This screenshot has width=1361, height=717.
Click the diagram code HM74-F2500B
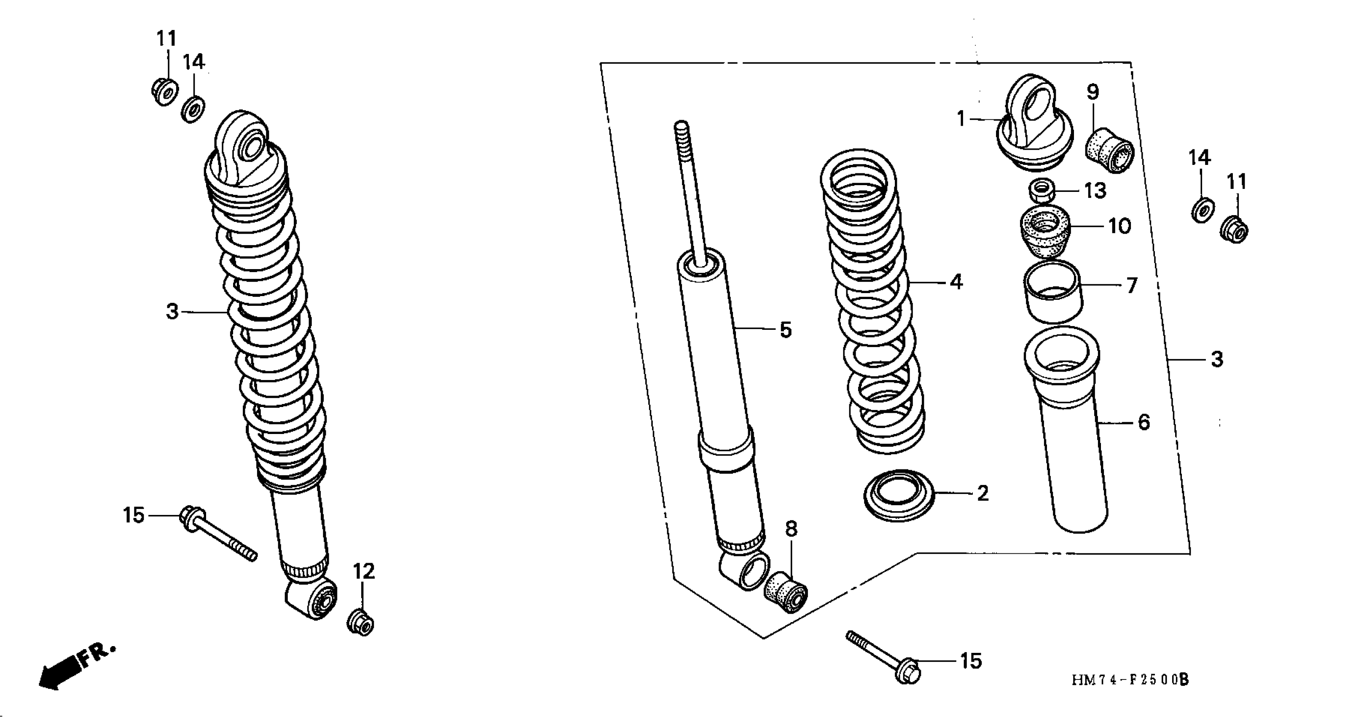pyautogui.click(x=1130, y=679)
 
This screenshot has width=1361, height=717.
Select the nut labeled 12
pyautogui.click(x=361, y=623)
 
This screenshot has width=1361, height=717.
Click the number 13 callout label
pyautogui.click(x=1095, y=190)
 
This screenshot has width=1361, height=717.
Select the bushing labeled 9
pyautogui.click(x=1109, y=150)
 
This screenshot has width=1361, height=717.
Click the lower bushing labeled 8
pyautogui.click(x=786, y=592)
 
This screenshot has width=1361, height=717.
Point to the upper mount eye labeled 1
pyautogui.click(x=1034, y=123)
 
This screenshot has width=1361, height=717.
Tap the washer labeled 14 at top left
pyautogui.click(x=193, y=108)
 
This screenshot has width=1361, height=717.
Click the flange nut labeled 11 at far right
pyautogui.click(x=1234, y=230)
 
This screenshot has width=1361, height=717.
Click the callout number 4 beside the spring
pyautogui.click(x=956, y=282)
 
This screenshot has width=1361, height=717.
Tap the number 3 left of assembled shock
pyautogui.click(x=172, y=312)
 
